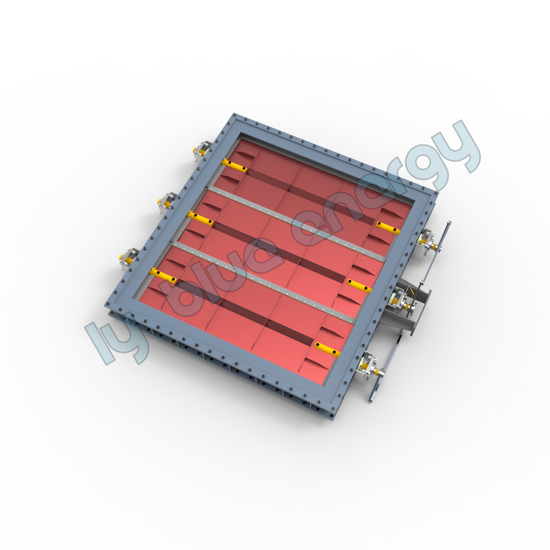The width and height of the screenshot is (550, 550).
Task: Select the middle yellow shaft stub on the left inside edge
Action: pyautogui.click(x=200, y=218)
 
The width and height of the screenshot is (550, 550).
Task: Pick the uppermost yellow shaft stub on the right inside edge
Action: pyautogui.click(x=388, y=227)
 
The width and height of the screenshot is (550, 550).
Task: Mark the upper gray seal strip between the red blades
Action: pyautogui.click(x=296, y=223)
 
